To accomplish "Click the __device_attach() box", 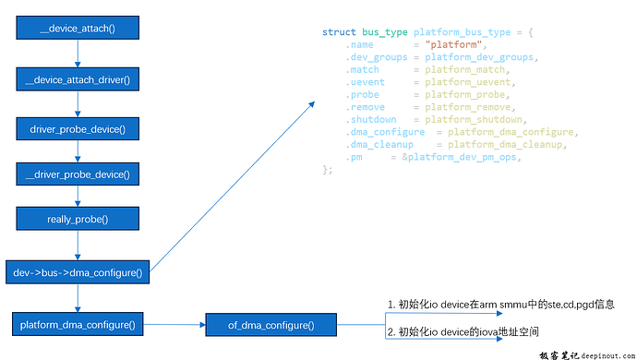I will click(x=77, y=29).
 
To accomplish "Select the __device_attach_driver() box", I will click(x=77, y=79).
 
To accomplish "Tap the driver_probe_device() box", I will click(x=77, y=129).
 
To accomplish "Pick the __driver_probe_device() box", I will click(x=77, y=174).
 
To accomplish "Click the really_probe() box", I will click(x=77, y=219).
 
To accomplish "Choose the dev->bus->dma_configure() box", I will click(x=78, y=272).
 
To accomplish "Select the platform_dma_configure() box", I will click(x=78, y=324).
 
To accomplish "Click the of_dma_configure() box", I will click(x=270, y=325).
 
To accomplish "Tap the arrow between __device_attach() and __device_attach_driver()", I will click(x=77, y=54).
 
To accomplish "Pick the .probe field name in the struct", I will click(x=360, y=95).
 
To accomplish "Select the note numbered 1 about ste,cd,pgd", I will click(x=500, y=304).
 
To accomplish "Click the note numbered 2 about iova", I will click(x=463, y=331).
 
